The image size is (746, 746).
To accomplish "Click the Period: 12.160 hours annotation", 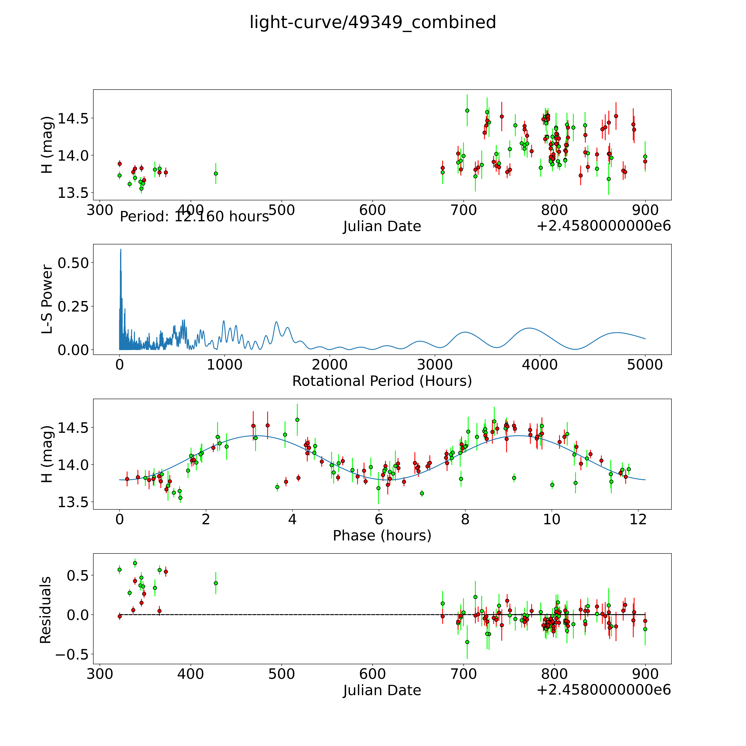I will (x=194, y=217).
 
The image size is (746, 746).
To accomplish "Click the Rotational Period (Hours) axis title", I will (x=382, y=381).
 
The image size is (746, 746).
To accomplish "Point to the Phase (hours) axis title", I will (x=382, y=536).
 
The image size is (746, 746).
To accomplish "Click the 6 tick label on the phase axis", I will (x=379, y=520).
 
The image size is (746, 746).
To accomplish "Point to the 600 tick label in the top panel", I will (x=373, y=210).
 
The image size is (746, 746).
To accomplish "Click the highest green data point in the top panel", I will (x=467, y=110).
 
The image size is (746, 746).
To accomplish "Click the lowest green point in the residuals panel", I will (x=467, y=642).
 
